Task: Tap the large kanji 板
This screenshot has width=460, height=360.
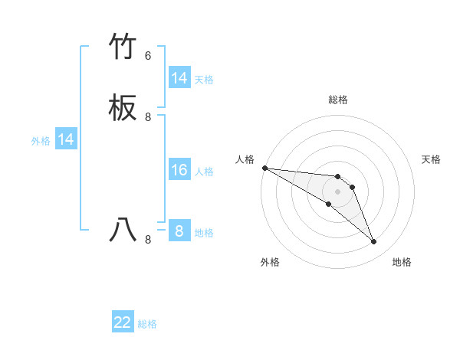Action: tap(123, 110)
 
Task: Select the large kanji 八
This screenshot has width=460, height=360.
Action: tap(123, 229)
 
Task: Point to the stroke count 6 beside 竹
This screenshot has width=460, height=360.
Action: tap(148, 56)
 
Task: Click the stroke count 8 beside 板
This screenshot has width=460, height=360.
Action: tap(148, 117)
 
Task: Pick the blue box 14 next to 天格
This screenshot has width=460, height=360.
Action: tap(179, 78)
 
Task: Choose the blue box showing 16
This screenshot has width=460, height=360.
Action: tap(179, 170)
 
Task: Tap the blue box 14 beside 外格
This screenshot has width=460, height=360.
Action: tap(66, 139)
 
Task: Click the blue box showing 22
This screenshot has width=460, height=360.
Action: tap(123, 322)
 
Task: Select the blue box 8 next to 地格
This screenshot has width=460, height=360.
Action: tap(179, 231)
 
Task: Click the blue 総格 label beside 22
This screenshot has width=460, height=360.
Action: tap(147, 324)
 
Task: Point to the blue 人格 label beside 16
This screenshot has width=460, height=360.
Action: tap(204, 172)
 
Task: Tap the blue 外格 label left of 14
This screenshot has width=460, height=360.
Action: tap(41, 141)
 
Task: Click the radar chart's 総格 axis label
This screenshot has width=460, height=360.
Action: tap(337, 100)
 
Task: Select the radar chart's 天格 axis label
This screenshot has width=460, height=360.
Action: tap(431, 159)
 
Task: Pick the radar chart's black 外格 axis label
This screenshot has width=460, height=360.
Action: tap(270, 262)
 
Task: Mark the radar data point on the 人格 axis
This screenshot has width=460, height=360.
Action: tap(264, 168)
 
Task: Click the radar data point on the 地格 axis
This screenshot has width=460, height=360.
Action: tap(373, 241)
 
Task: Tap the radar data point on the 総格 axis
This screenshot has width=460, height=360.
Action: tap(337, 177)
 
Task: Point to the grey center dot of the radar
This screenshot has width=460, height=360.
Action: tap(337, 191)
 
